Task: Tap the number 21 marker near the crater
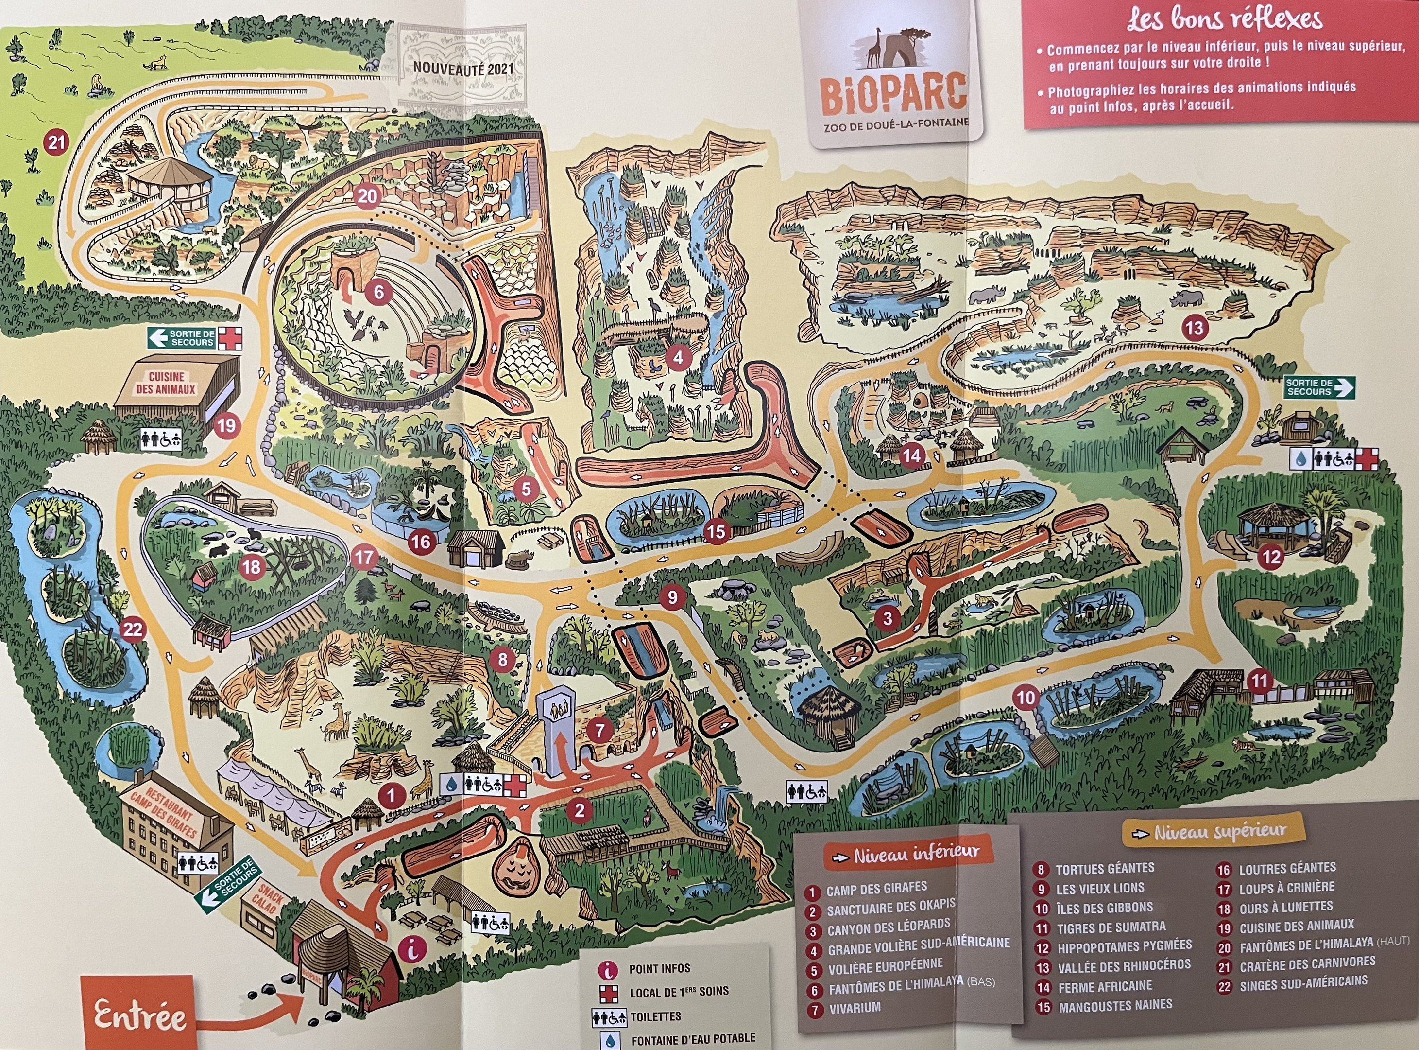(x=57, y=142)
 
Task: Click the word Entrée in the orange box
(x=140, y=1015)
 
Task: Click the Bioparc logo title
(x=894, y=93)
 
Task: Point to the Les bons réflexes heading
(x=1225, y=20)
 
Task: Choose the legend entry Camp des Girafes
(x=876, y=888)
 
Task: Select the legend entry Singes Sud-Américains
(x=1303, y=982)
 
